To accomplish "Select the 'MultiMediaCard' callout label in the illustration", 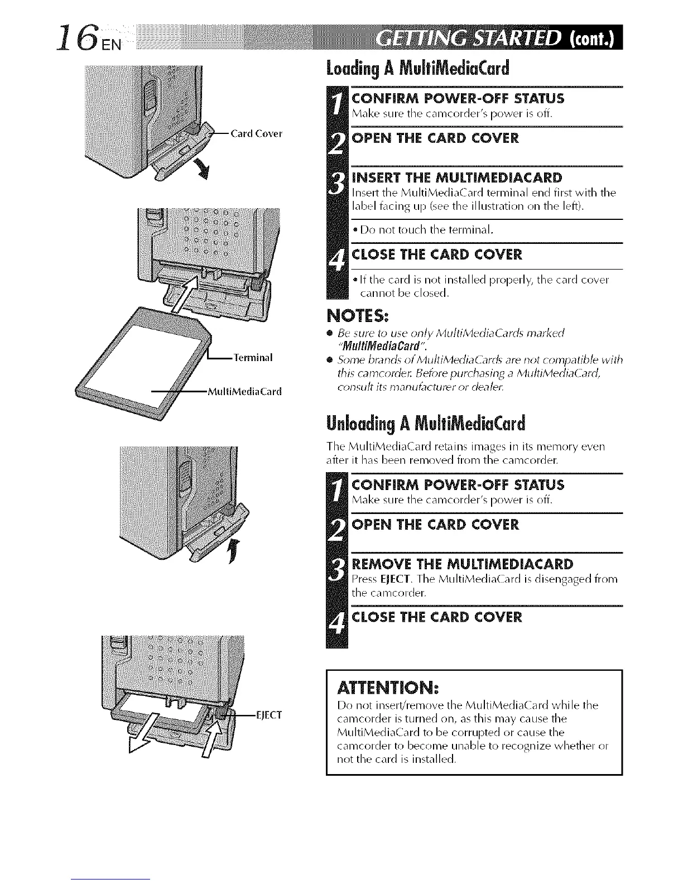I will pos(244,391).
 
